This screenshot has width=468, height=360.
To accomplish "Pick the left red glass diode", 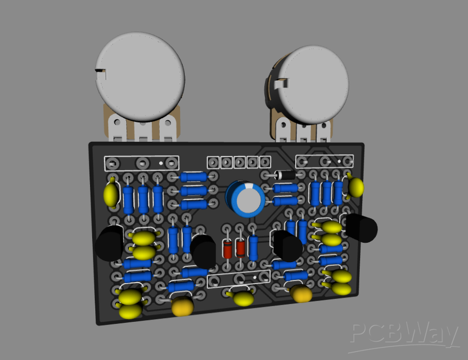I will pyautogui.click(x=228, y=249).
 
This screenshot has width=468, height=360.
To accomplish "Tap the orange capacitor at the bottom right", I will pyautogui.click(x=302, y=294).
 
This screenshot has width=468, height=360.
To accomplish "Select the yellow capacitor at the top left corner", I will pyautogui.click(x=110, y=194).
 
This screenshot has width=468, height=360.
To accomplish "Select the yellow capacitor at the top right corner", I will pyautogui.click(x=356, y=187).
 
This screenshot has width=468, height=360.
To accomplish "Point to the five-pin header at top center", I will pyautogui.click(x=233, y=162).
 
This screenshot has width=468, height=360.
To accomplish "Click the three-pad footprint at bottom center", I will pyautogui.click(x=239, y=279).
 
